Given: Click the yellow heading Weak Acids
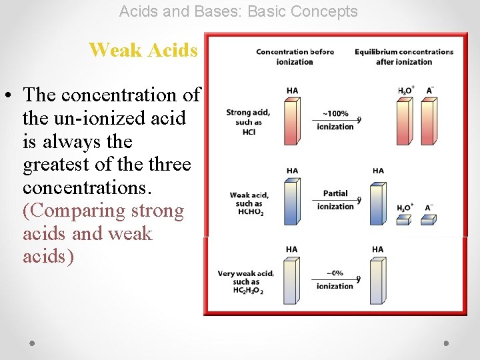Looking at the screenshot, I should pyautogui.click(x=143, y=50).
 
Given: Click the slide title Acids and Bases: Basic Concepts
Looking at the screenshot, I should pyautogui.click(x=238, y=11).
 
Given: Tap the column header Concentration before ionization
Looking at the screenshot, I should pyautogui.click(x=295, y=57).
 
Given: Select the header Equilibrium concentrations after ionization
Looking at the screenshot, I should pyautogui.click(x=404, y=57).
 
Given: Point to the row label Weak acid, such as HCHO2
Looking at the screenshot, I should pyautogui.click(x=249, y=203).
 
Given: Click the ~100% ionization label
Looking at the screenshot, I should pyautogui.click(x=335, y=120).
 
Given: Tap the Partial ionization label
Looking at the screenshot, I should pyautogui.click(x=335, y=200).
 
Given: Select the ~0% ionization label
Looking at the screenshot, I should pyautogui.click(x=335, y=279).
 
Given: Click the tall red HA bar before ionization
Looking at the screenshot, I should pyautogui.click(x=291, y=121).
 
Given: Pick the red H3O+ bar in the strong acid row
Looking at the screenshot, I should pyautogui.click(x=404, y=121).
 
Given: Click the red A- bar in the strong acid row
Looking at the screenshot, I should pyautogui.click(x=430, y=121).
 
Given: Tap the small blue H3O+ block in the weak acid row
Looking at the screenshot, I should pyautogui.click(x=404, y=219).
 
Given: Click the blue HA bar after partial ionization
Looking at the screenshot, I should pyautogui.click(x=378, y=202).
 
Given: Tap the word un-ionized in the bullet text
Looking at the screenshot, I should pyautogui.click(x=96, y=119).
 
